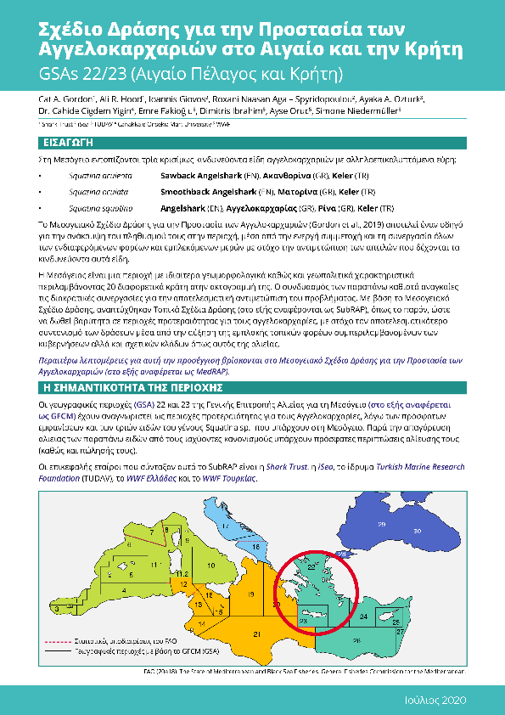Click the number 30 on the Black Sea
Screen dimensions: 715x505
[417, 529]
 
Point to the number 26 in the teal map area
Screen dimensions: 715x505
[356, 641]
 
